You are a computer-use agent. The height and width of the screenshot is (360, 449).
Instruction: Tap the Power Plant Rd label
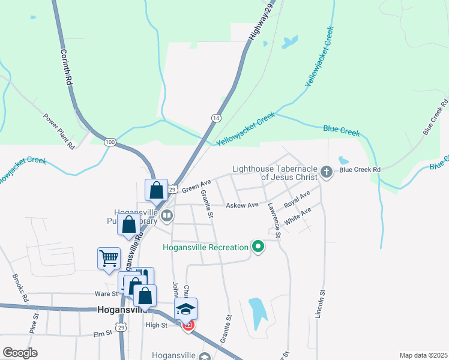[58, 130]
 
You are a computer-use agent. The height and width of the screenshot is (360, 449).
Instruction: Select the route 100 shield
[109, 142]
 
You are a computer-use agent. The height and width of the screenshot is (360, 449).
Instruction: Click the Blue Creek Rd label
[360, 170]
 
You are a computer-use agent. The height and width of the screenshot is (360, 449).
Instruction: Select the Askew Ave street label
[242, 205]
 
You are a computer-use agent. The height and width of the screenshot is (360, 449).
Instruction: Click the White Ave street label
[298, 216]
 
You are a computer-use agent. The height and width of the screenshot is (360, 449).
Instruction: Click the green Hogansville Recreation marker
[258, 247]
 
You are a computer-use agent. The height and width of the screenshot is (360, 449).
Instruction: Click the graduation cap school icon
[186, 308]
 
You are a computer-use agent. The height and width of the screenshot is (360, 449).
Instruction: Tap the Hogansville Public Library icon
[167, 214]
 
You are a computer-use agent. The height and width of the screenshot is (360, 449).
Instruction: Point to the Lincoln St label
[322, 307]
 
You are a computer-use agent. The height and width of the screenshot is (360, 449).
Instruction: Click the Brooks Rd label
[20, 287]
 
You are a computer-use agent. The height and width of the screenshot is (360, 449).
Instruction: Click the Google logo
[20, 352]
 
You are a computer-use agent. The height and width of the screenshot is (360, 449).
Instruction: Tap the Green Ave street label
[196, 185]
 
